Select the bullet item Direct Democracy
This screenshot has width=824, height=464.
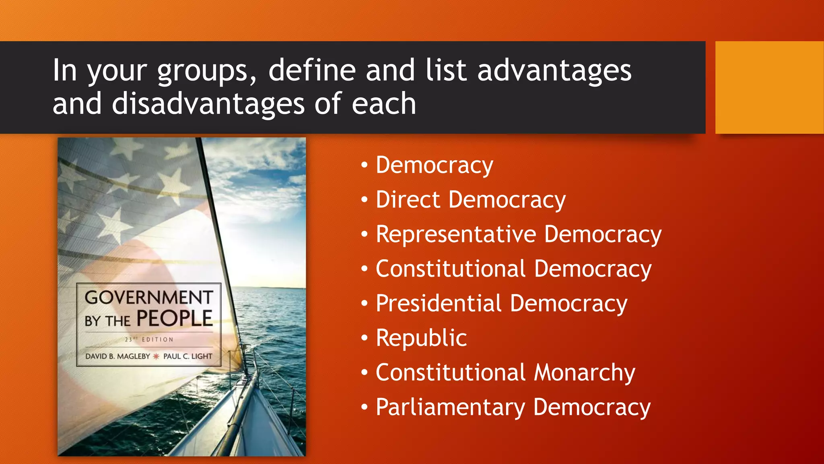[x=470, y=200]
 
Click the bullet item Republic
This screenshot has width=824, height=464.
[x=421, y=338]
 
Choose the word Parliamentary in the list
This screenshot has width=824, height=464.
[x=450, y=407]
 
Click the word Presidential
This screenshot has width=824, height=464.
[x=439, y=303]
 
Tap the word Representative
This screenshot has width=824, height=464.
[x=455, y=234]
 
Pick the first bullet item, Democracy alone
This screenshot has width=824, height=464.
[x=434, y=165]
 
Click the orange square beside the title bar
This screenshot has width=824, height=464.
[x=769, y=87]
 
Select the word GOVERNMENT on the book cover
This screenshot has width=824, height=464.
[x=149, y=298]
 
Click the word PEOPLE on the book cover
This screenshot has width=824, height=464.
[x=174, y=318]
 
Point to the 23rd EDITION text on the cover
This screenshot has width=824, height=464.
[x=149, y=340]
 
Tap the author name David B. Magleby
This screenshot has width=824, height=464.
[x=117, y=356]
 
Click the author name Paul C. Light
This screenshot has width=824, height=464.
[x=187, y=356]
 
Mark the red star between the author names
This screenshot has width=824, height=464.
[x=156, y=356]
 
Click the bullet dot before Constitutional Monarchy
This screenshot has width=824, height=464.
[x=364, y=373]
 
